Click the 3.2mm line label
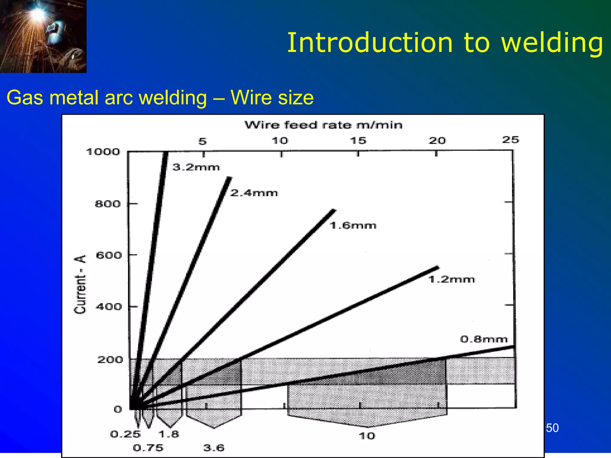coord(196,167)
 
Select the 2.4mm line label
coord(254,193)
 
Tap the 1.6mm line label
coord(353,225)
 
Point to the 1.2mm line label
coord(451,280)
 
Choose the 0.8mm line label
coord(484,339)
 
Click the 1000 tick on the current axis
coord(103,152)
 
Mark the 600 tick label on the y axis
coord(109,256)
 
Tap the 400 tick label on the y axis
coord(109,307)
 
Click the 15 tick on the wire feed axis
coord(358,141)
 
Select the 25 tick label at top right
coord(510,140)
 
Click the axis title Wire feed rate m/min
coord(323,125)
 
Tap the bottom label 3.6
coord(214,448)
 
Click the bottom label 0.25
coord(125,434)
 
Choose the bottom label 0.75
coord(148,448)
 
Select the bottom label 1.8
coord(169,434)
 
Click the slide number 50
coord(552,428)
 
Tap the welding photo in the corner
coord(43,36)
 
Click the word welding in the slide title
coord(552,43)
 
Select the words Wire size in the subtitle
coord(272,98)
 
